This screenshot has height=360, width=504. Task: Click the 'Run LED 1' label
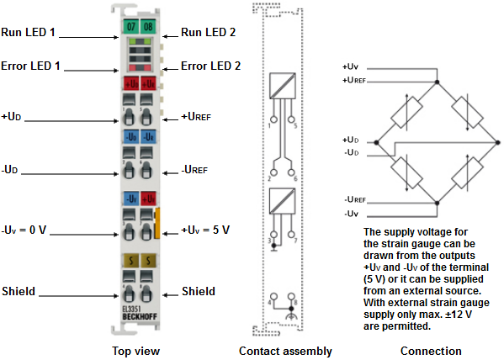(29, 33)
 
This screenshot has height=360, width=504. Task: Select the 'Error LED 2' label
(210, 66)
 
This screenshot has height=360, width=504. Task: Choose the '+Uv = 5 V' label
(205, 230)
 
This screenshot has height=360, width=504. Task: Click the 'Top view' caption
(137, 351)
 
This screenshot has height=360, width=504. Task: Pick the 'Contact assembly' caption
(285, 351)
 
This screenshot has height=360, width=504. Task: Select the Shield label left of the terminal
(19, 291)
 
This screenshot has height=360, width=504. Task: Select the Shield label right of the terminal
(199, 291)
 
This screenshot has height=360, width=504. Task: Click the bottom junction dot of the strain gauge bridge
(435, 202)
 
